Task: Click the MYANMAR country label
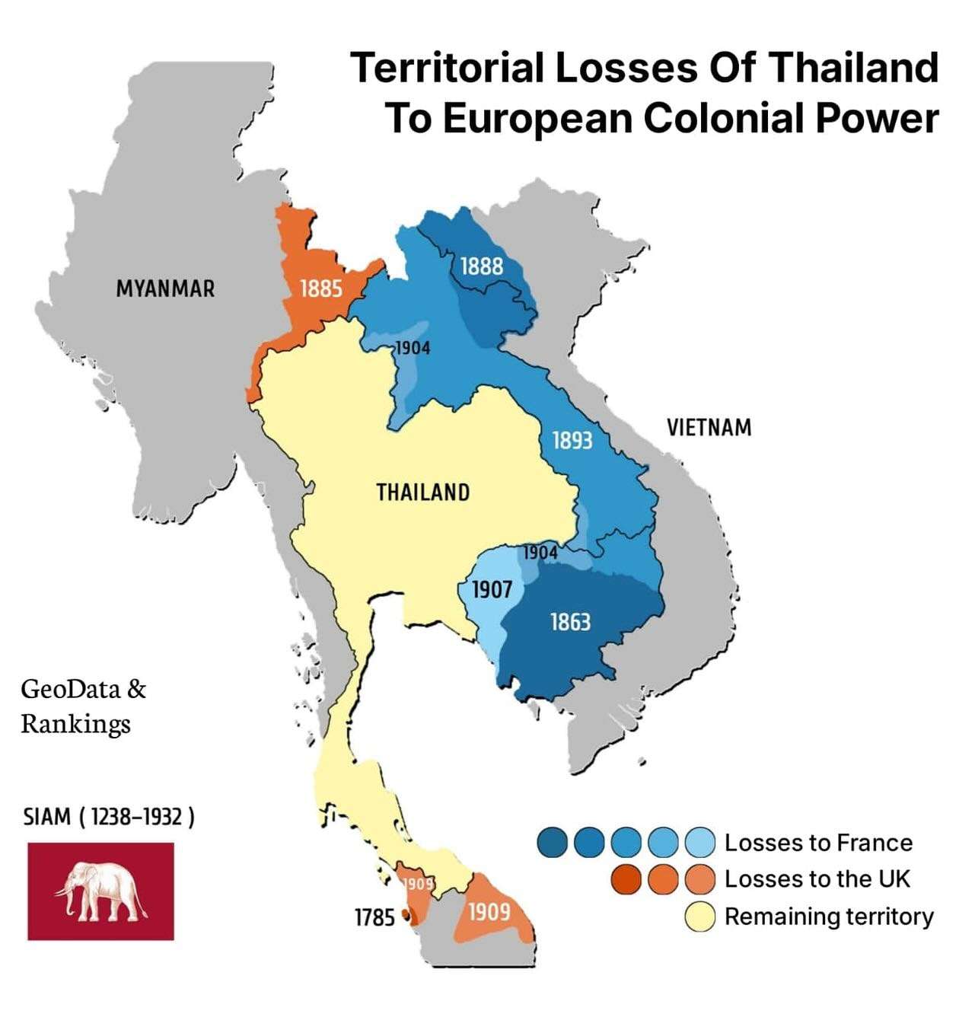pyautogui.click(x=165, y=289)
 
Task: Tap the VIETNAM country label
pyautogui.click(x=709, y=428)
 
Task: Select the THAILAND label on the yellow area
pyautogui.click(x=422, y=493)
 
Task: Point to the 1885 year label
pyautogui.click(x=320, y=289)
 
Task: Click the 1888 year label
pyautogui.click(x=482, y=266)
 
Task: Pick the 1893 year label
pyautogui.click(x=572, y=440)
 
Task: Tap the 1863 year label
pyautogui.click(x=570, y=623)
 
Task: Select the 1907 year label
pyautogui.click(x=492, y=590)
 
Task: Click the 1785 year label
pyautogui.click(x=374, y=918)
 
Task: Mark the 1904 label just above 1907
pyautogui.click(x=540, y=553)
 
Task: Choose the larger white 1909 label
pyautogui.click(x=489, y=911)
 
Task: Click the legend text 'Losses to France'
pyautogui.click(x=818, y=843)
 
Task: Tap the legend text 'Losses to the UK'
pyautogui.click(x=817, y=879)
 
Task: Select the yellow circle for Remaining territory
pyautogui.click(x=699, y=917)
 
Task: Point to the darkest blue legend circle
pyautogui.click(x=552, y=843)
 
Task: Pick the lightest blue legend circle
pyautogui.click(x=699, y=843)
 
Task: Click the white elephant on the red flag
pyautogui.click(x=100, y=890)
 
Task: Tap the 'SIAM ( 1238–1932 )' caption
pyautogui.click(x=109, y=817)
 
